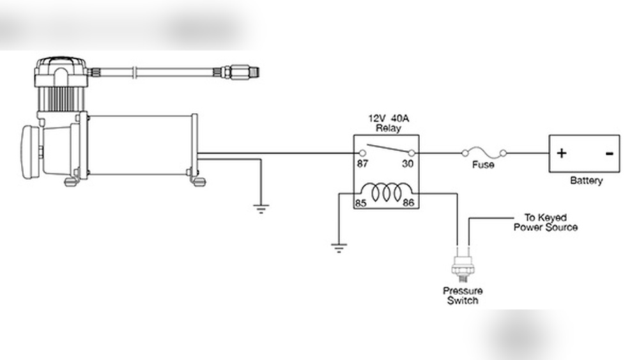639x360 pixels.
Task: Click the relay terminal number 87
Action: tap(362, 164)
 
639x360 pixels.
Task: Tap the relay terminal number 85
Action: tap(360, 204)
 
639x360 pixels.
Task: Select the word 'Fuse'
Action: tap(482, 164)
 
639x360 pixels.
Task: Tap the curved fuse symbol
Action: tap(482, 152)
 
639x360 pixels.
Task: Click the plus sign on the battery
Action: tap(561, 153)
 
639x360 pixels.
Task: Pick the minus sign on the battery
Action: tap(609, 153)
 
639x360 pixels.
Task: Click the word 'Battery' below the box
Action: tap(586, 181)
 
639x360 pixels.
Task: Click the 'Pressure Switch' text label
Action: tap(463, 295)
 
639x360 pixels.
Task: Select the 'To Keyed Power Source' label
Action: tap(545, 223)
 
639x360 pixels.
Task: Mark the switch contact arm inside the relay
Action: tap(385, 149)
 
